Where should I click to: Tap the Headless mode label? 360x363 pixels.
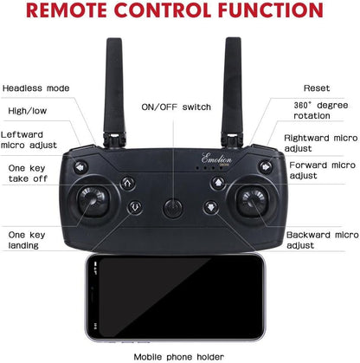[x=37, y=88]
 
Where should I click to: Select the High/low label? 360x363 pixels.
[x=27, y=111]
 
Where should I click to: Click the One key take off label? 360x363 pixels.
[x=29, y=174]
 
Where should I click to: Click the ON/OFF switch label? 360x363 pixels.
[x=176, y=107]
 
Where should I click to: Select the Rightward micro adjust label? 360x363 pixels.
[x=320, y=142]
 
